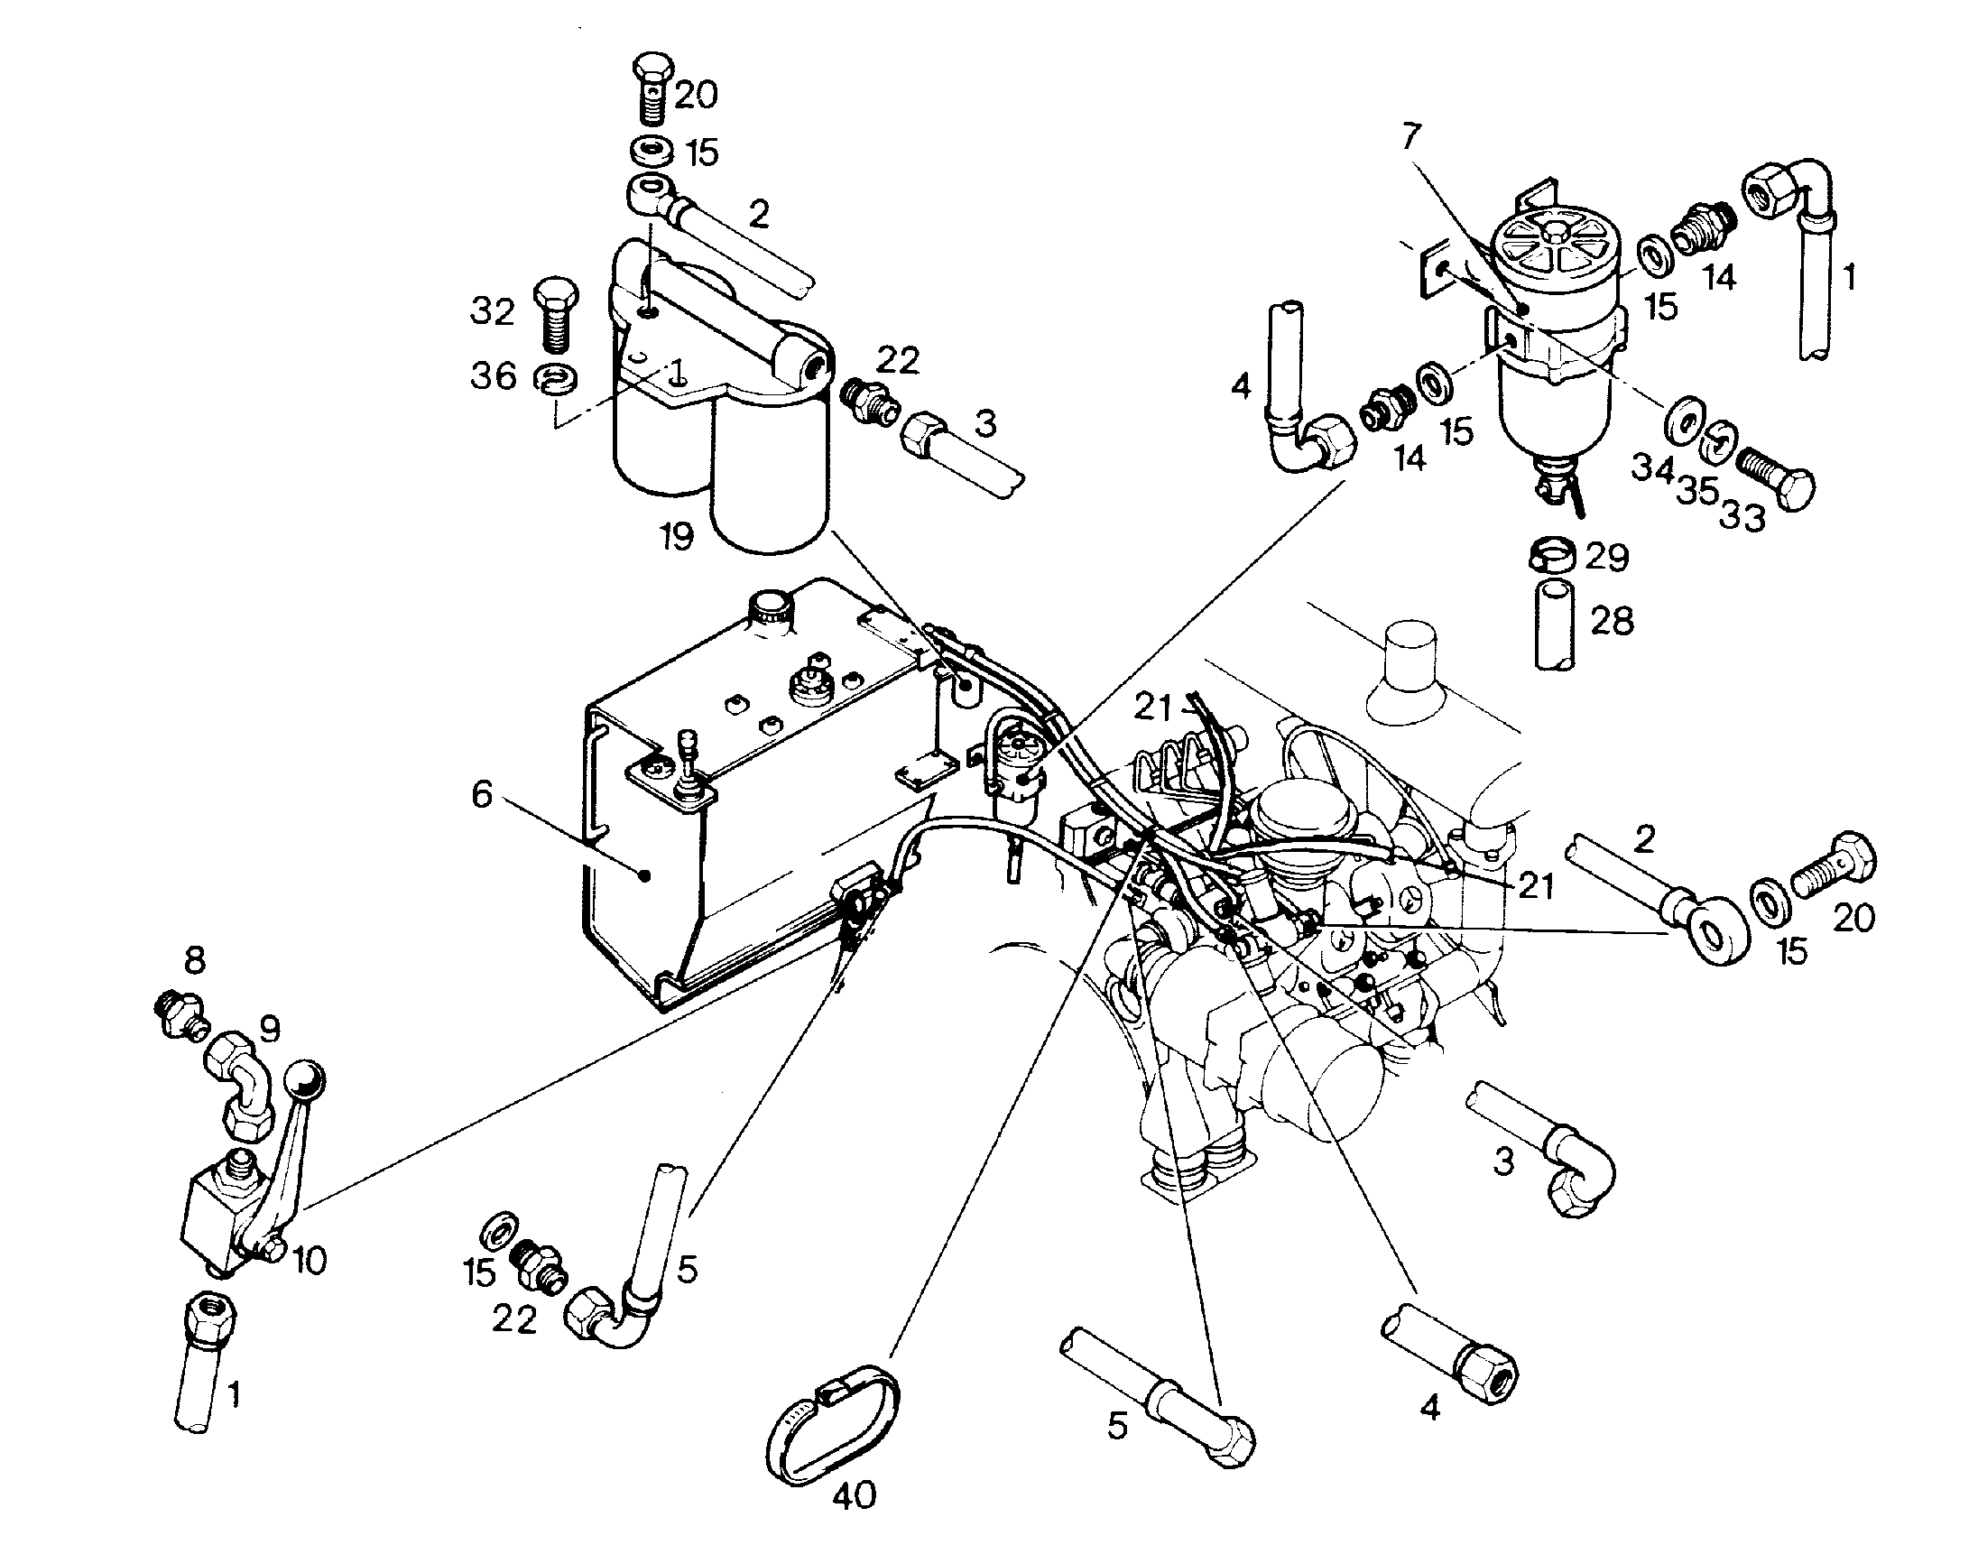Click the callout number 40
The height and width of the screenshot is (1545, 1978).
coord(853,1494)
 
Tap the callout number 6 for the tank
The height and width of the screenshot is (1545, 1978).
coord(482,794)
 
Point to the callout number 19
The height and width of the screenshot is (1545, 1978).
coord(677,536)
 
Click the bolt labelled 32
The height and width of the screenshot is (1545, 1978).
coord(555,314)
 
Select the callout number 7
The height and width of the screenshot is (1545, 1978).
coord(1411,138)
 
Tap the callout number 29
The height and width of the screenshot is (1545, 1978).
coord(1606,556)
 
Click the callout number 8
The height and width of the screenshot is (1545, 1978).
coord(195,960)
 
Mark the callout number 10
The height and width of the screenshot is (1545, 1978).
coord(310,1260)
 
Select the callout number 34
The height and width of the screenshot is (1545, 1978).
coord(1653,468)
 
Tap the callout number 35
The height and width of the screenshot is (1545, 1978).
coord(1697,491)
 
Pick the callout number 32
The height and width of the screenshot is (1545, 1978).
coord(493,311)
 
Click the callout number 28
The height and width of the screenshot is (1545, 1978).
coord(1613,620)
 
